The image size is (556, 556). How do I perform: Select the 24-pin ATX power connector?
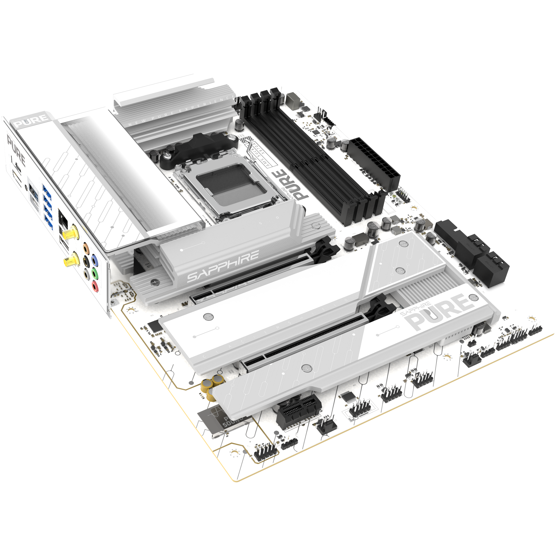pos(374,164)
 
